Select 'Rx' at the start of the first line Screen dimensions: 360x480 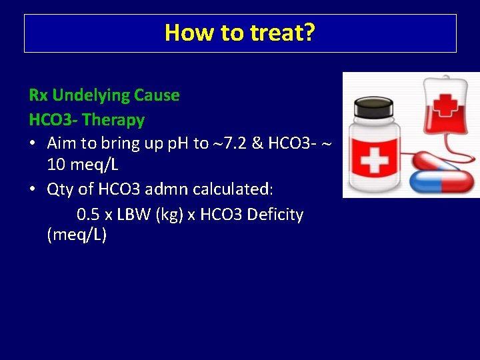[x=39, y=95]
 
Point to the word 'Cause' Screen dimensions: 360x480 [x=157, y=95]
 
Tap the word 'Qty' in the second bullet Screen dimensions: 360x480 [x=61, y=189]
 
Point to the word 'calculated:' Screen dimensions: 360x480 [x=233, y=189]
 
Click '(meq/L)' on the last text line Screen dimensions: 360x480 [x=77, y=235]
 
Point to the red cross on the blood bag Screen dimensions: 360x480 [x=447, y=105]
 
